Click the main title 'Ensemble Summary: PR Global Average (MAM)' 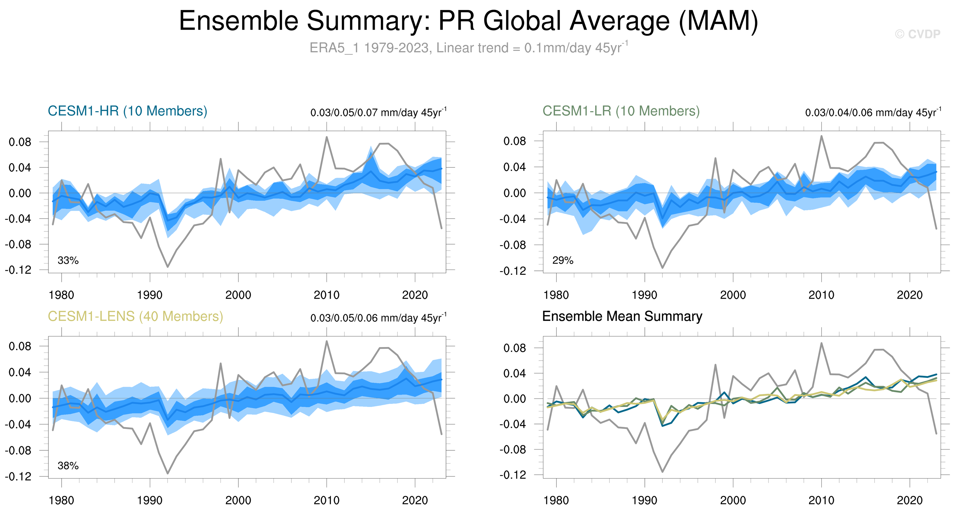[469, 21]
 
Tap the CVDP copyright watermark [917, 34]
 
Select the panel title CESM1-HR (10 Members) [128, 111]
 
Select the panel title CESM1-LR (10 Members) [621, 111]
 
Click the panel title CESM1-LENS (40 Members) [135, 316]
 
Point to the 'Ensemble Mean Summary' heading [622, 316]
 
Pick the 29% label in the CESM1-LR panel [563, 260]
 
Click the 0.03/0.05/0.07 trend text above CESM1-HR [378, 112]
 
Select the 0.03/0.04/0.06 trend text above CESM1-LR [873, 112]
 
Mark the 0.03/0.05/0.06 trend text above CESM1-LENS [378, 318]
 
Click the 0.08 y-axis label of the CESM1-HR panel [21, 142]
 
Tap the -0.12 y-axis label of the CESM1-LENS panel [18, 476]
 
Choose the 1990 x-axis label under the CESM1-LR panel [644, 295]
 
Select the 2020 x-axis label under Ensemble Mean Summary [909, 501]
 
